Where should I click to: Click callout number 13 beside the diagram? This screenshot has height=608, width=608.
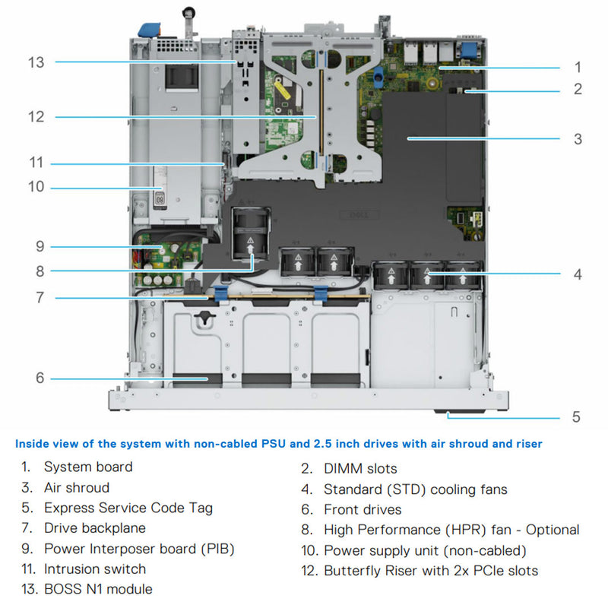[36, 62]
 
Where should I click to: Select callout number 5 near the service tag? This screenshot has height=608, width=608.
[576, 416]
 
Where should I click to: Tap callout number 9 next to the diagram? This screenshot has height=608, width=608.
[40, 246]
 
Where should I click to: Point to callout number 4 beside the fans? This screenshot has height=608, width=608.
[578, 274]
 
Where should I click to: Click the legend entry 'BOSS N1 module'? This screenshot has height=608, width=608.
[98, 589]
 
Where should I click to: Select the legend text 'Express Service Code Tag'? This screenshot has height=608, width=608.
[128, 508]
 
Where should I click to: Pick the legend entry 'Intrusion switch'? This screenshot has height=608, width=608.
[95, 568]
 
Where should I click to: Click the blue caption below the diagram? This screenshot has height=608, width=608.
[279, 443]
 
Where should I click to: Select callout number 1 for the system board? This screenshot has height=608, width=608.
[578, 67]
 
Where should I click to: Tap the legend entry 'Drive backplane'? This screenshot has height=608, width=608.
[95, 527]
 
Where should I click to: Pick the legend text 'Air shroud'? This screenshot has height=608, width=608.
[77, 487]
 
